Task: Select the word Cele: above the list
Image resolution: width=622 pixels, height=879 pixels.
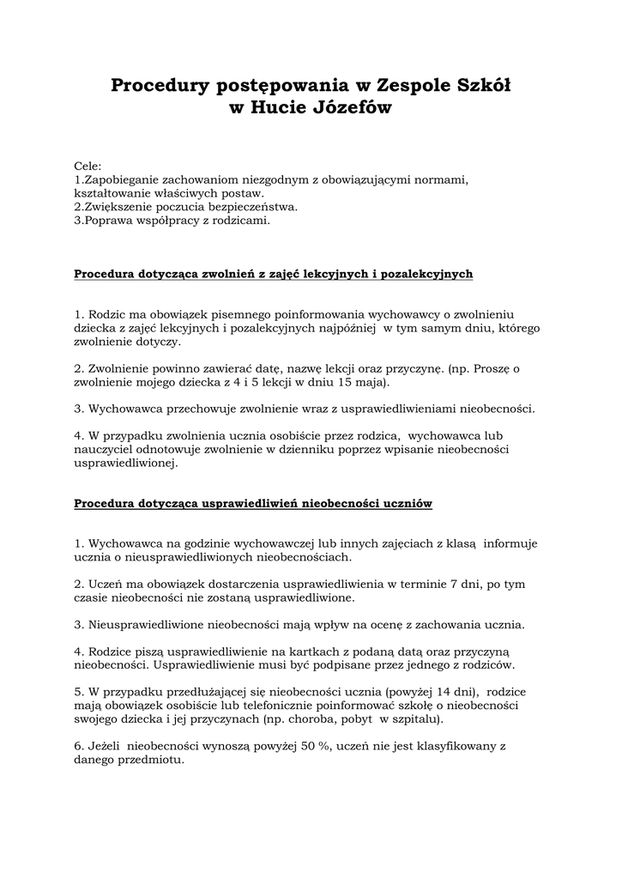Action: click(x=88, y=167)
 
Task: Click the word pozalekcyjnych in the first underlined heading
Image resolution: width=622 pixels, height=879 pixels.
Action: click(x=425, y=274)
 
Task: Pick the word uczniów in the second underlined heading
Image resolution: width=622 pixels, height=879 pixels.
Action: click(x=408, y=502)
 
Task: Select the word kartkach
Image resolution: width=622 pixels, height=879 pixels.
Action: click(x=311, y=651)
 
